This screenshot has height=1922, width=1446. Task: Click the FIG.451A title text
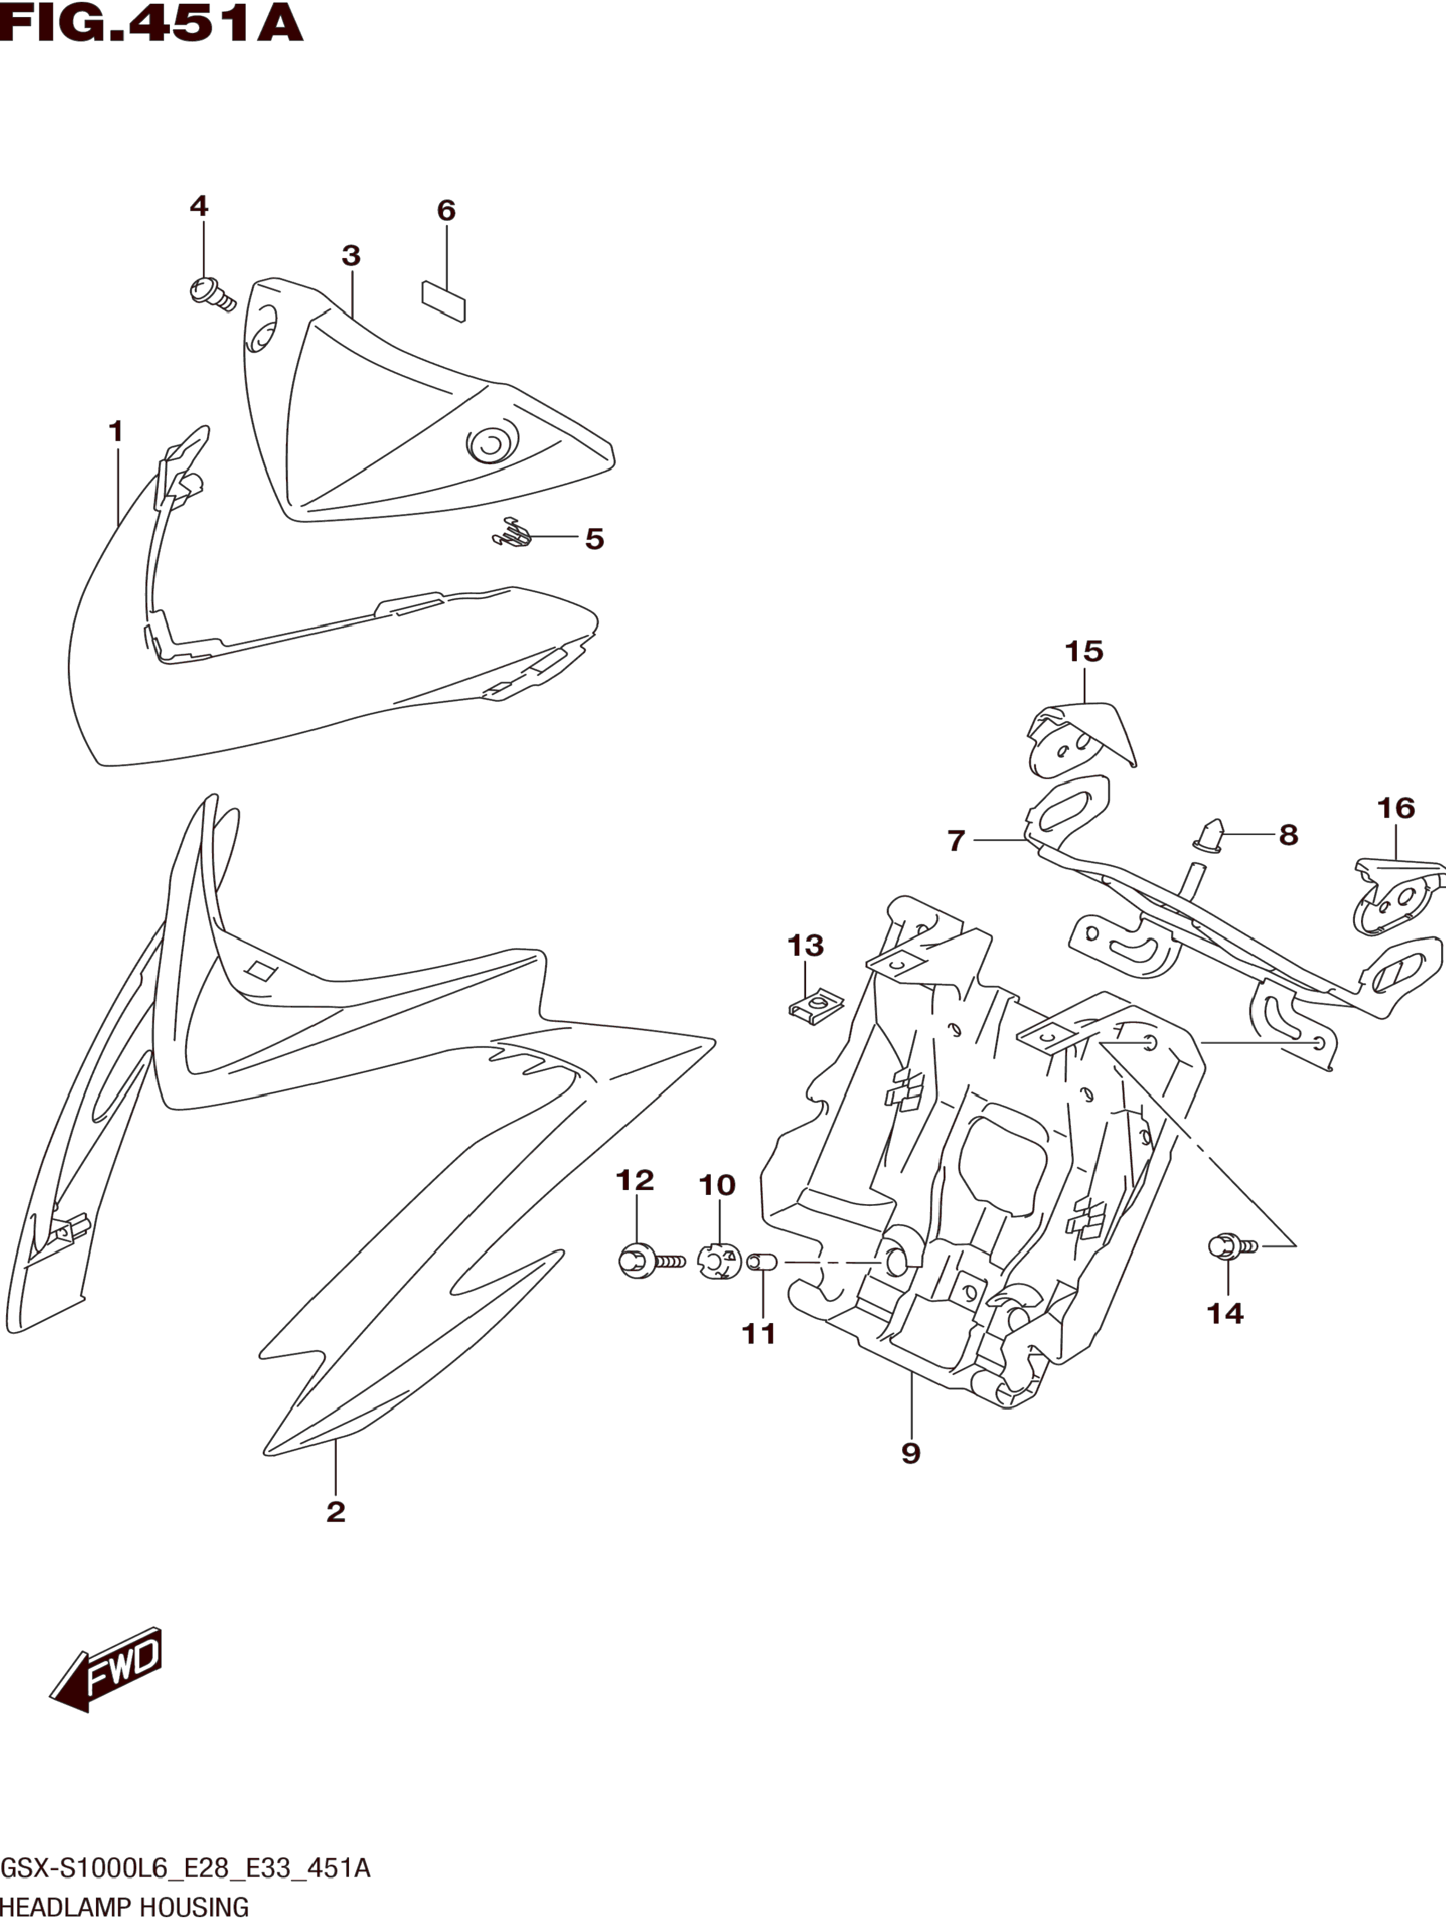tap(152, 24)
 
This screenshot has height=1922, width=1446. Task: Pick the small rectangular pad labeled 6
tap(443, 300)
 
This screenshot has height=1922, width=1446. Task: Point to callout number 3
tap(350, 256)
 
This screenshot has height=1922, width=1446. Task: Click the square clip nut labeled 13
tap(815, 1008)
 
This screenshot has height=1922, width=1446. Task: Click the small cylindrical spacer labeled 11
tap(761, 1260)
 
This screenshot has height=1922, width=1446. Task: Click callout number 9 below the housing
tap(911, 1453)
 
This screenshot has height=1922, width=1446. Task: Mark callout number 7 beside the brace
tap(956, 840)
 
